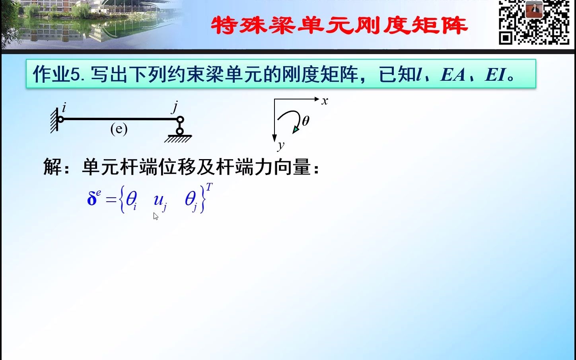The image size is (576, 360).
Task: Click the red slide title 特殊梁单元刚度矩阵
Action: coord(339,26)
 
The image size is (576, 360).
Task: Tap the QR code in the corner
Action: coord(534,23)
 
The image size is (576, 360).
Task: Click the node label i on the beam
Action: coord(64,107)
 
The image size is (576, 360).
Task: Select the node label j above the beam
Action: coord(175,107)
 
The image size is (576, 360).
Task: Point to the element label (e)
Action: coord(119,129)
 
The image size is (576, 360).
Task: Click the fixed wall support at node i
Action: coord(54,121)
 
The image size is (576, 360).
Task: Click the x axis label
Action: coord(325,101)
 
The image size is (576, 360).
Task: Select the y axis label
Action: coord(281,146)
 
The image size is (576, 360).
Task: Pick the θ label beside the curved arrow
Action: coord(306,121)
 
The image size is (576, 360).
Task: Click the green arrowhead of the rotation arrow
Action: coord(296,129)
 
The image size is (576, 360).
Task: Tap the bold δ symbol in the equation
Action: coord(92,198)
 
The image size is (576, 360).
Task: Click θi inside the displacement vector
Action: coord(131,199)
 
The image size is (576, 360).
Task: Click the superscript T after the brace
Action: coord(209,187)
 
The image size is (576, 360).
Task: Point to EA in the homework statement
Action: coord(453,74)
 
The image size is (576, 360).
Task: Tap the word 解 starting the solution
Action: coord(53,167)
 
